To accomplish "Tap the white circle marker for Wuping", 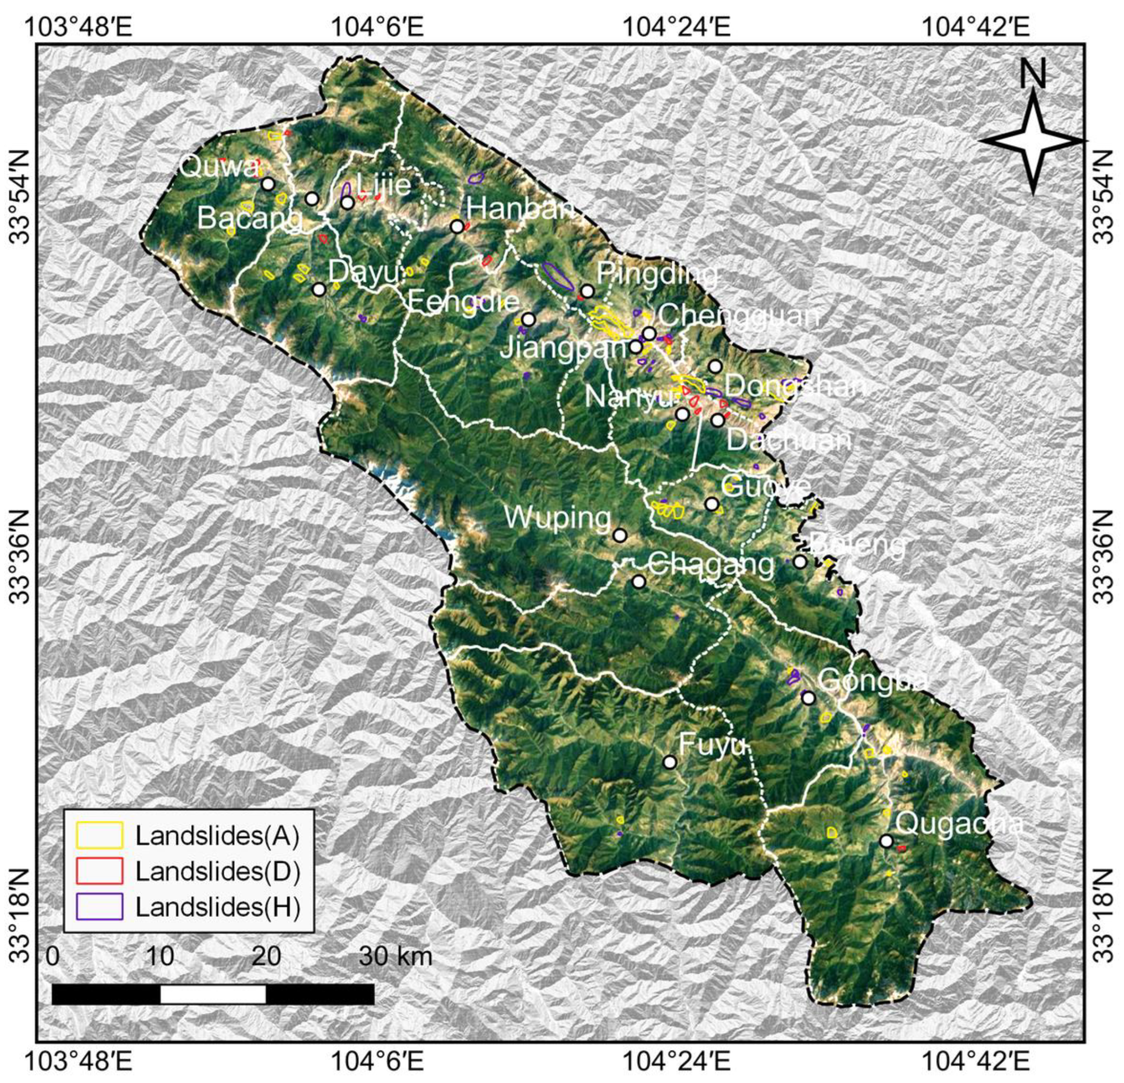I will (x=619, y=536).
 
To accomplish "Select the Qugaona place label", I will (x=959, y=824).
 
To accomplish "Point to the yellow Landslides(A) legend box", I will (x=100, y=835).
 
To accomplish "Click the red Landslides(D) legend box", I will (x=100, y=871).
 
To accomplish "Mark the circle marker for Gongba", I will (x=808, y=698).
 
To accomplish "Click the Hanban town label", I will (x=519, y=207).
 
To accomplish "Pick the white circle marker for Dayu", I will (x=319, y=289).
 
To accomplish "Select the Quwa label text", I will (x=218, y=168).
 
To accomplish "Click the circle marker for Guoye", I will (x=712, y=504).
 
